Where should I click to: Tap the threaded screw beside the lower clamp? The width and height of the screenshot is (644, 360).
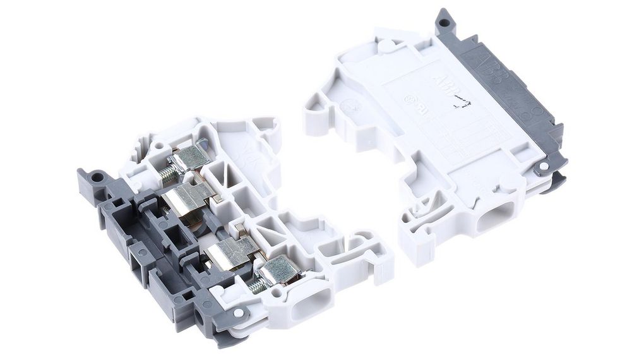pos(256,286)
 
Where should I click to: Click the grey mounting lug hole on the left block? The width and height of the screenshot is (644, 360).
pos(96,177)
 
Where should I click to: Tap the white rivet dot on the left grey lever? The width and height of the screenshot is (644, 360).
pos(238,313)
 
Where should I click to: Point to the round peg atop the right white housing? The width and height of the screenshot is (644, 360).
pos(385,45)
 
